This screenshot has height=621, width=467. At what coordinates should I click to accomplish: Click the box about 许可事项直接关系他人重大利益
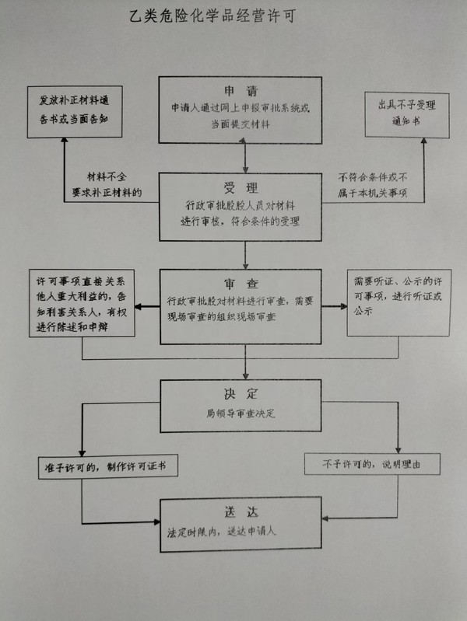coord(81,302)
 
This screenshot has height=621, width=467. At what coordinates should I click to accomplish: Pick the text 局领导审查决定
coord(242,413)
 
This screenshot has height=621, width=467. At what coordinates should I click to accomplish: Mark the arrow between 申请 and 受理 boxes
coord(244,158)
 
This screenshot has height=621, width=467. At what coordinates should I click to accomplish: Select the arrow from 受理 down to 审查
coord(244,254)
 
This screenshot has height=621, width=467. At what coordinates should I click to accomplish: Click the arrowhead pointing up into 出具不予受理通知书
coord(424,143)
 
